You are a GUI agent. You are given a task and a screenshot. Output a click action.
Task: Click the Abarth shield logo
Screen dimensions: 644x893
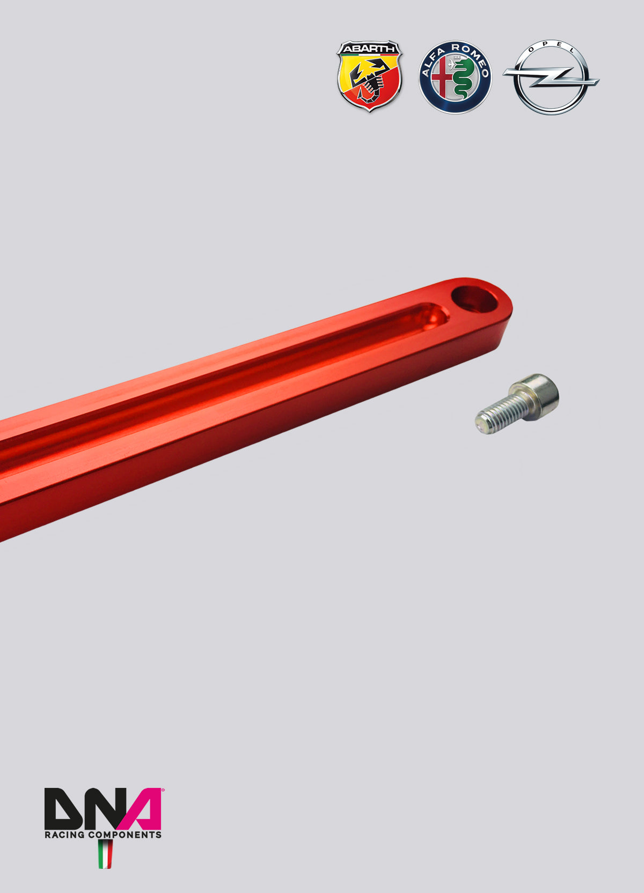click(x=369, y=76)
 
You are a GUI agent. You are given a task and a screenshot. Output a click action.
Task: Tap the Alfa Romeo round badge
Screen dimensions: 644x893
click(x=455, y=77)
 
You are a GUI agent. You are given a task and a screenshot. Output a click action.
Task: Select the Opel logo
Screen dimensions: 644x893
click(x=551, y=77)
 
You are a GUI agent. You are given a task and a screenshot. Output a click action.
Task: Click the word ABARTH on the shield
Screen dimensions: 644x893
click(x=369, y=49)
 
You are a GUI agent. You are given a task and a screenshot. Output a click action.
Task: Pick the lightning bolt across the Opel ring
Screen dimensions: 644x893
click(x=551, y=77)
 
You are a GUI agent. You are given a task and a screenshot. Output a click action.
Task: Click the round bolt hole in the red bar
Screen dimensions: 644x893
click(x=474, y=299)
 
